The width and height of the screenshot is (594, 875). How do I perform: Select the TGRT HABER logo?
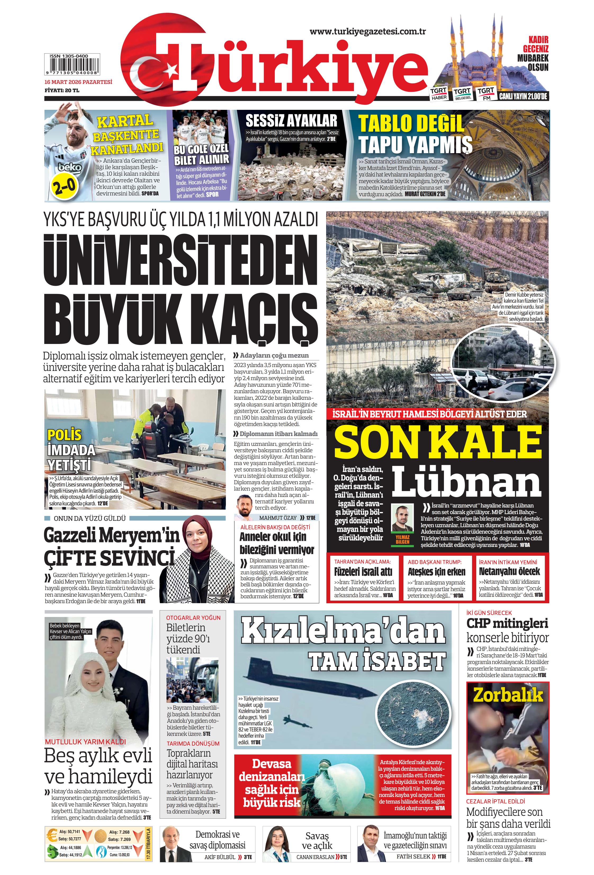pos(439,94)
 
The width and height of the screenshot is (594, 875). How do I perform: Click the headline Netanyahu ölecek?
pos(509,571)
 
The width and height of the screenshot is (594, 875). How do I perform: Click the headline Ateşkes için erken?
pos(436,572)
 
